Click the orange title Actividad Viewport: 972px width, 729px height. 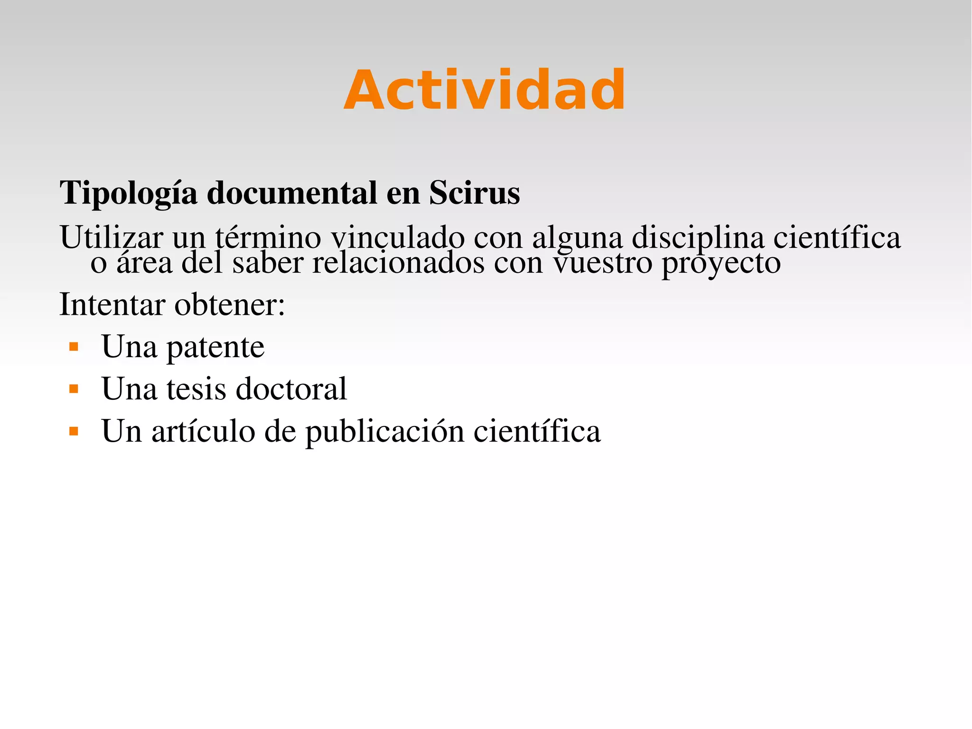pyautogui.click(x=485, y=90)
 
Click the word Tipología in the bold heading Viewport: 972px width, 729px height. pyautogui.click(x=128, y=194)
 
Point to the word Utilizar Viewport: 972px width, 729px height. pyautogui.click(x=111, y=237)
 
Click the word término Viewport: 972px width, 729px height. pyautogui.click(x=268, y=237)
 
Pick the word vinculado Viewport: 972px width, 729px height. pyautogui.click(x=398, y=237)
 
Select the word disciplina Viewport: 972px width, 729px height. pyautogui.click(x=698, y=237)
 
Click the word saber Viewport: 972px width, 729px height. pyautogui.click(x=268, y=263)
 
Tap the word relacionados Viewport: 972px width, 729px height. pyautogui.click(x=398, y=263)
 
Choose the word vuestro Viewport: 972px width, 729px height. pyautogui.click(x=603, y=263)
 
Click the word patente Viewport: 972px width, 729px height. pyautogui.click(x=215, y=347)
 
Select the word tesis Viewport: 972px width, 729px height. pyautogui.click(x=196, y=389)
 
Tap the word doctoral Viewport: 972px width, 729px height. pyautogui.click(x=291, y=389)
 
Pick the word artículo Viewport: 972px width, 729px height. pyautogui.click(x=203, y=431)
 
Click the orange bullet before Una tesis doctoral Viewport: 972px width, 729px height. pyautogui.click(x=74, y=389)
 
